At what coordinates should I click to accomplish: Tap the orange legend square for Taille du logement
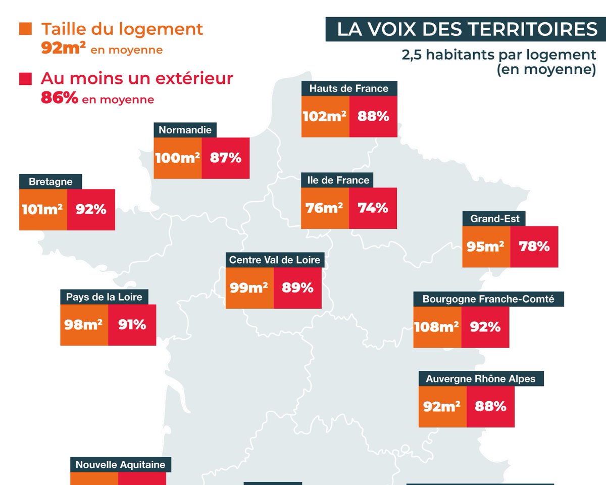25,29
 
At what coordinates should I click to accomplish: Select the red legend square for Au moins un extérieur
25,79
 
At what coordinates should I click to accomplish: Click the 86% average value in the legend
59,99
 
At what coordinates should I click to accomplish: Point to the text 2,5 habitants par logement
499,55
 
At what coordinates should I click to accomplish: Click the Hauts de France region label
349,88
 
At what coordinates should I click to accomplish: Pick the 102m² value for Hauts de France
325,116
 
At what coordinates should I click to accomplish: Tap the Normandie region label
185,130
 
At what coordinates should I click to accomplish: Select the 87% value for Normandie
225,158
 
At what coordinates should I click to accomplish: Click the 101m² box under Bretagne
43,209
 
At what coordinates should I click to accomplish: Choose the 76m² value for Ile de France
324,208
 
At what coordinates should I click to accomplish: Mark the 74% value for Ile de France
373,208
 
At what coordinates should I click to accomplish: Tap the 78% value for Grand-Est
534,247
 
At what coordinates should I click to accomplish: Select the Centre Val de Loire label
274,260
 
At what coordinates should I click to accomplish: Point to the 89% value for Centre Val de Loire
297,288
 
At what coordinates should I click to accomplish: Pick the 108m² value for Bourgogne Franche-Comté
437,327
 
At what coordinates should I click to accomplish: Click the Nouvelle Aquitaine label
120,464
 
